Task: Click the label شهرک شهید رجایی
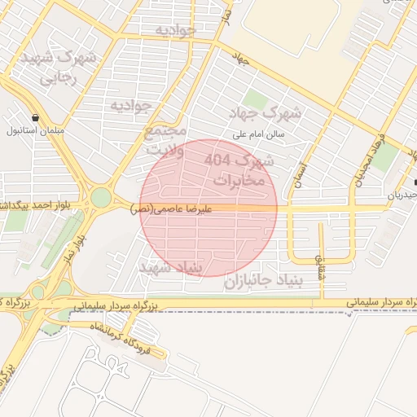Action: point(70,68)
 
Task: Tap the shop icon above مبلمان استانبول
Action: point(34,117)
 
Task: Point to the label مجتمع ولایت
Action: point(165,139)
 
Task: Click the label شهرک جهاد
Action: point(272,113)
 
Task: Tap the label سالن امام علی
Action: point(257,134)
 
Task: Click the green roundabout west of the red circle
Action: point(100,198)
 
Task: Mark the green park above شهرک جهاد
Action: point(256,100)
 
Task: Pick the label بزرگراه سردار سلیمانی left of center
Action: point(112,305)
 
